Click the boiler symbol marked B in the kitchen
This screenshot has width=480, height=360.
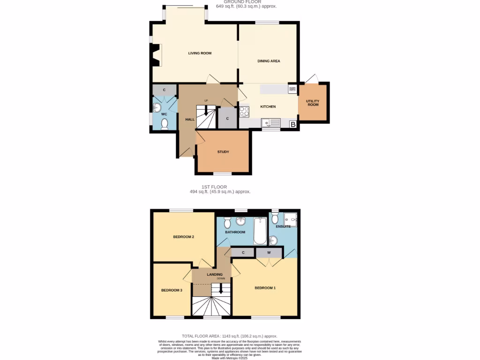(293, 124)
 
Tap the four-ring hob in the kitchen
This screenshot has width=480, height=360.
(244, 112)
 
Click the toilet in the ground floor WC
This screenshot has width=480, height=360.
(165, 124)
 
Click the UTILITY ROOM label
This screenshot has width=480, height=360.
(313, 103)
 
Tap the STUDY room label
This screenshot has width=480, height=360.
(223, 152)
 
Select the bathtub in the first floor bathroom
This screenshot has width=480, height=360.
(260, 231)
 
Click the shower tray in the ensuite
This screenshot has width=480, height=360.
(291, 219)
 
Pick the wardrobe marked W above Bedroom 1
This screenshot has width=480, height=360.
(269, 253)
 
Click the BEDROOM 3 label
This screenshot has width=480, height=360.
(172, 290)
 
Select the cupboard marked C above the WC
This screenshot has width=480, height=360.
(165, 90)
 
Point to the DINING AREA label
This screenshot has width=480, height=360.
(269, 61)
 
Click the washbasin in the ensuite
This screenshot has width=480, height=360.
(273, 240)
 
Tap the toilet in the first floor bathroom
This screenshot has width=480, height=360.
(227, 221)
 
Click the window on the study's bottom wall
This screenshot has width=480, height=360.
(223, 173)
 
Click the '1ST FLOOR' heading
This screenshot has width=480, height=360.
(214, 187)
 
